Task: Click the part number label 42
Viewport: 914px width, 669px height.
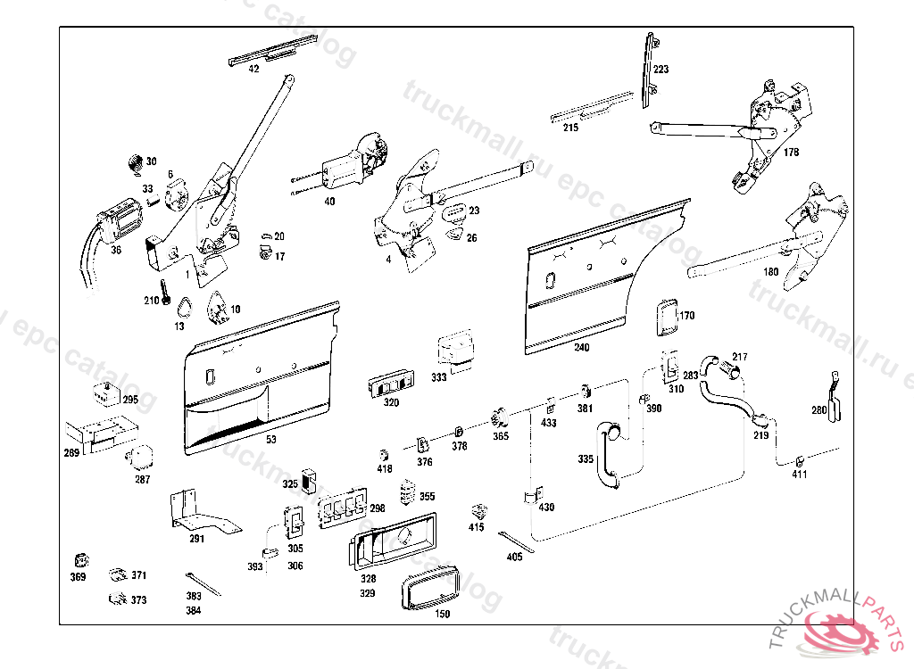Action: click(253, 69)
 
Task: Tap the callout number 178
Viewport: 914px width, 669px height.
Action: click(792, 153)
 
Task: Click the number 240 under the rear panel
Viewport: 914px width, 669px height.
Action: click(581, 347)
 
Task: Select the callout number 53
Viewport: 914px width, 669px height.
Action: click(271, 440)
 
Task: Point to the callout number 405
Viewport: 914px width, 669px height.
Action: click(514, 557)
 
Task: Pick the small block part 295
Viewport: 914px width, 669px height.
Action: click(106, 392)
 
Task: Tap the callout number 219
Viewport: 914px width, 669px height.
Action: click(760, 436)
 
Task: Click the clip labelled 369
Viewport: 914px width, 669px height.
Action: click(79, 561)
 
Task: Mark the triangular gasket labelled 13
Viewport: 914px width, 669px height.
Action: click(184, 310)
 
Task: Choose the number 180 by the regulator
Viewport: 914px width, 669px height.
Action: click(770, 271)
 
